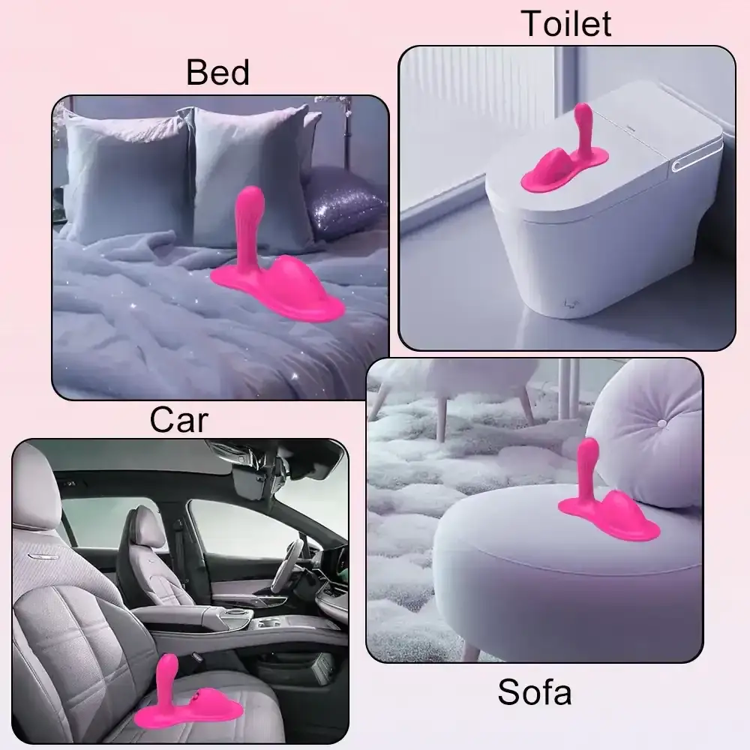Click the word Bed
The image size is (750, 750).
coord(217,73)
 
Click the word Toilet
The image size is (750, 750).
coord(566,24)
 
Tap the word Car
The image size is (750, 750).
coord(178,419)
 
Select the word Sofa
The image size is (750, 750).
coord(534,691)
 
